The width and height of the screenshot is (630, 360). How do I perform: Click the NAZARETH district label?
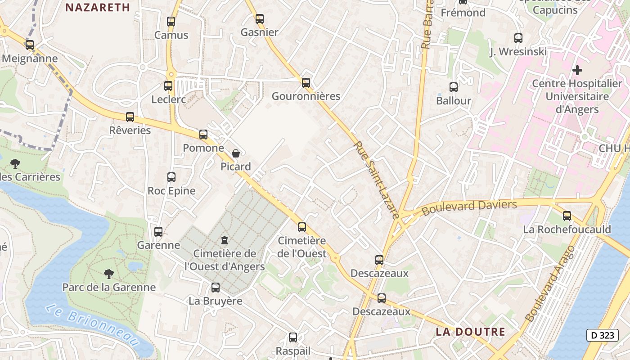coord(98,7)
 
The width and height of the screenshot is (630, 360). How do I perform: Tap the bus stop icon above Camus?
coord(171,21)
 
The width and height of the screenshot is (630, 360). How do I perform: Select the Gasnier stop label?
coord(260,32)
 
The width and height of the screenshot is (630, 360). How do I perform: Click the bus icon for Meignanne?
coord(30,45)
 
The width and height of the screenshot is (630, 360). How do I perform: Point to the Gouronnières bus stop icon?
coord(306,82)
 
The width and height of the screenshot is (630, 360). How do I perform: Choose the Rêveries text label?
coord(130,130)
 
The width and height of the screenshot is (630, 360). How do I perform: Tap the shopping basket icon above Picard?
coord(236,153)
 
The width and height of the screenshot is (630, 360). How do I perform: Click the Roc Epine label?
coord(171,191)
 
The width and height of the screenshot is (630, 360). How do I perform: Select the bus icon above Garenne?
coord(158,232)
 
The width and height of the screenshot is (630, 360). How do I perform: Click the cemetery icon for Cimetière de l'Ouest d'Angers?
coord(225,240)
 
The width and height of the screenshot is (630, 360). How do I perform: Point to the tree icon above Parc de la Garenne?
coord(108,274)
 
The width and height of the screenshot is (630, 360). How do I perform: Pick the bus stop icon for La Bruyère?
coord(216,288)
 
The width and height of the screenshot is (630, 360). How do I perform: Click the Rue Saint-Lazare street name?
coord(377,180)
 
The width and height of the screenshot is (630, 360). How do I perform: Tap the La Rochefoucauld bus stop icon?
coord(567,216)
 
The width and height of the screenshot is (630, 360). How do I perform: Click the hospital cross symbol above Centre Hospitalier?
coord(577,70)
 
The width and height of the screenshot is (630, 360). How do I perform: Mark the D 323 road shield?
coord(603,335)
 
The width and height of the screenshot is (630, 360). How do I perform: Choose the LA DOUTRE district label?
coord(470,332)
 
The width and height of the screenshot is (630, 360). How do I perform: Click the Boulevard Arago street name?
coord(550,283)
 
